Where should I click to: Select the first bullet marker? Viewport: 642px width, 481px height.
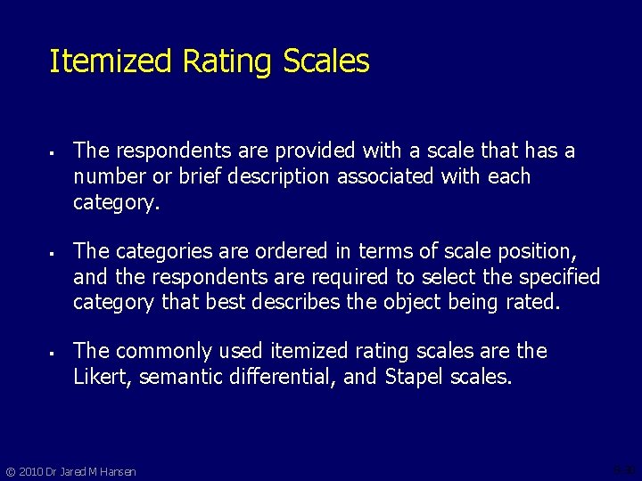point(53,152)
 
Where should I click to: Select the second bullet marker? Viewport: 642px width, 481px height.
point(53,252)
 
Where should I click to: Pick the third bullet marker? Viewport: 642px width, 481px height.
point(53,352)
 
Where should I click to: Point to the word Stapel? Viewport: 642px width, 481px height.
point(415,377)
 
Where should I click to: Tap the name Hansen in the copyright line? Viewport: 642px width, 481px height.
point(117,471)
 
